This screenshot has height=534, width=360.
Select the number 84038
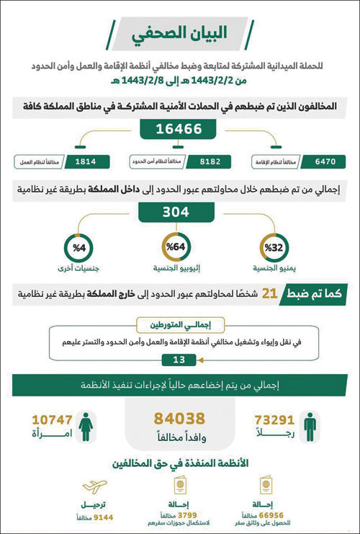click(x=181, y=419)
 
